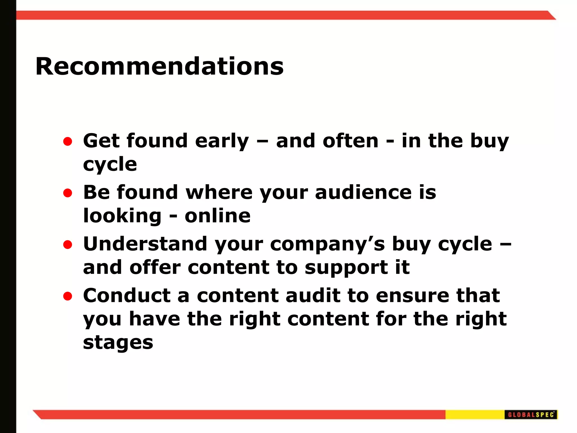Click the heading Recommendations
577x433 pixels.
point(159,67)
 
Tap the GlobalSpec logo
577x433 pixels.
point(531,415)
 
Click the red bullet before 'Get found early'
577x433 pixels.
point(68,142)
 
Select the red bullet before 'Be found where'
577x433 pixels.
point(68,193)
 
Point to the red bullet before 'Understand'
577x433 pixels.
point(68,245)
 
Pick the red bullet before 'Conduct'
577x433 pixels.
point(68,296)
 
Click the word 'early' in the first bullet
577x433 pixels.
point(222,142)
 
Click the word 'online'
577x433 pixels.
point(218,216)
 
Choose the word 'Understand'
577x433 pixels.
point(145,244)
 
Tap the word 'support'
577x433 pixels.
point(346,268)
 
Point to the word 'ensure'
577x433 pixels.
point(412,296)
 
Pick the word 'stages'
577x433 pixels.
point(118,343)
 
